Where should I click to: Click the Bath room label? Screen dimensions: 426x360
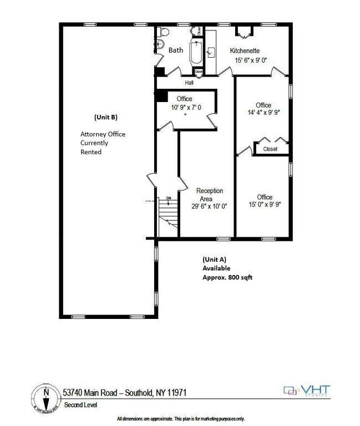click(176, 50)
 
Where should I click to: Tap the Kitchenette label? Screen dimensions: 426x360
click(245, 50)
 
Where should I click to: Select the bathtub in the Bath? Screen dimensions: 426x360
click(196, 53)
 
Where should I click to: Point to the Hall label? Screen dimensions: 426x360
click(189, 83)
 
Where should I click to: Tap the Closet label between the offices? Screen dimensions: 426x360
click(270, 149)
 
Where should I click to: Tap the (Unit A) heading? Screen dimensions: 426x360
click(214, 259)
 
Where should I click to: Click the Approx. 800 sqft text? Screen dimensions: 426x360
click(227, 277)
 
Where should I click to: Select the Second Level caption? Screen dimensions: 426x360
click(80, 405)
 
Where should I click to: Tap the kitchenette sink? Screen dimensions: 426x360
click(211, 53)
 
